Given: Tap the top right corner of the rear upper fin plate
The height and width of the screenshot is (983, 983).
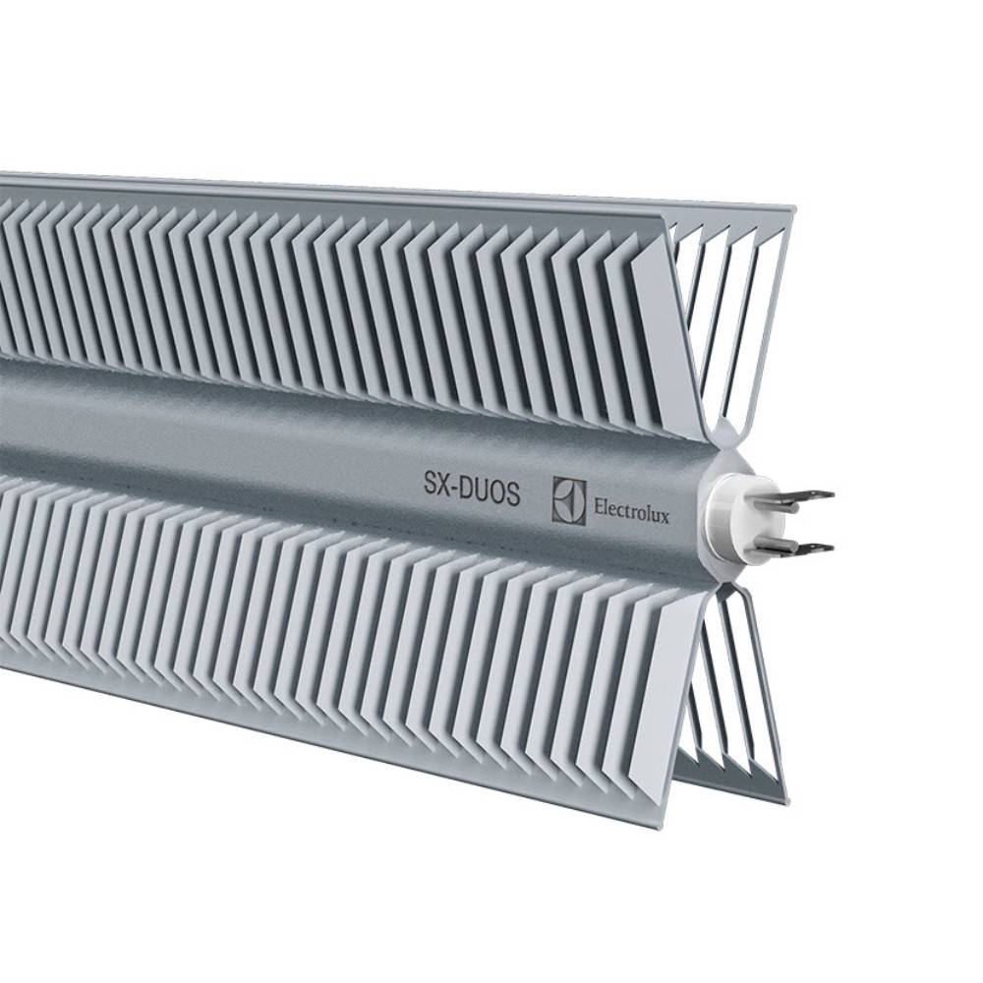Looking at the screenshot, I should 791,210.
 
